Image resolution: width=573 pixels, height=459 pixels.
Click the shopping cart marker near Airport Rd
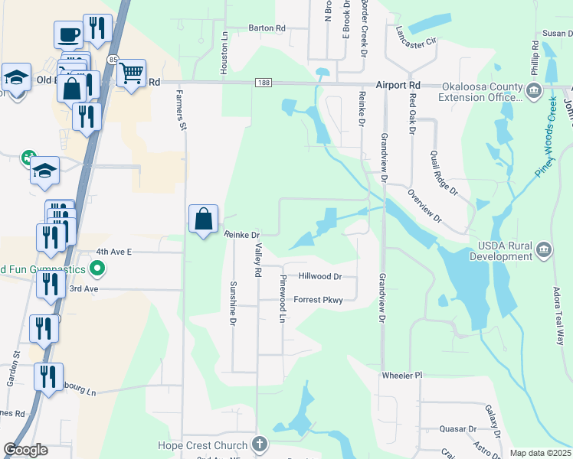[132, 73]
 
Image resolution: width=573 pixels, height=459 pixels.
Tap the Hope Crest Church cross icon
[260, 444]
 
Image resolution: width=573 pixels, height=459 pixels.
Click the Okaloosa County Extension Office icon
[532, 90]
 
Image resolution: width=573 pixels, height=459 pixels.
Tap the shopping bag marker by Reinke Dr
[204, 220]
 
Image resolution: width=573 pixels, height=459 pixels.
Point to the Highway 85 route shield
[113, 59]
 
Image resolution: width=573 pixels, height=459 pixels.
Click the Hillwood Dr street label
[320, 276]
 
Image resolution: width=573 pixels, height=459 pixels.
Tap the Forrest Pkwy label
[318, 300]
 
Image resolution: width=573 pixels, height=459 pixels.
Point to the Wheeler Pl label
[402, 376]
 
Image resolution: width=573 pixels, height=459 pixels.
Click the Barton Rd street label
[267, 28]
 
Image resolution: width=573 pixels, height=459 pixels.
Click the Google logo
[25, 450]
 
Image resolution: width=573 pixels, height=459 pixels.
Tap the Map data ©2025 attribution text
[540, 453]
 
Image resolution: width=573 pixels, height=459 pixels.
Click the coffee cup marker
[69, 34]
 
